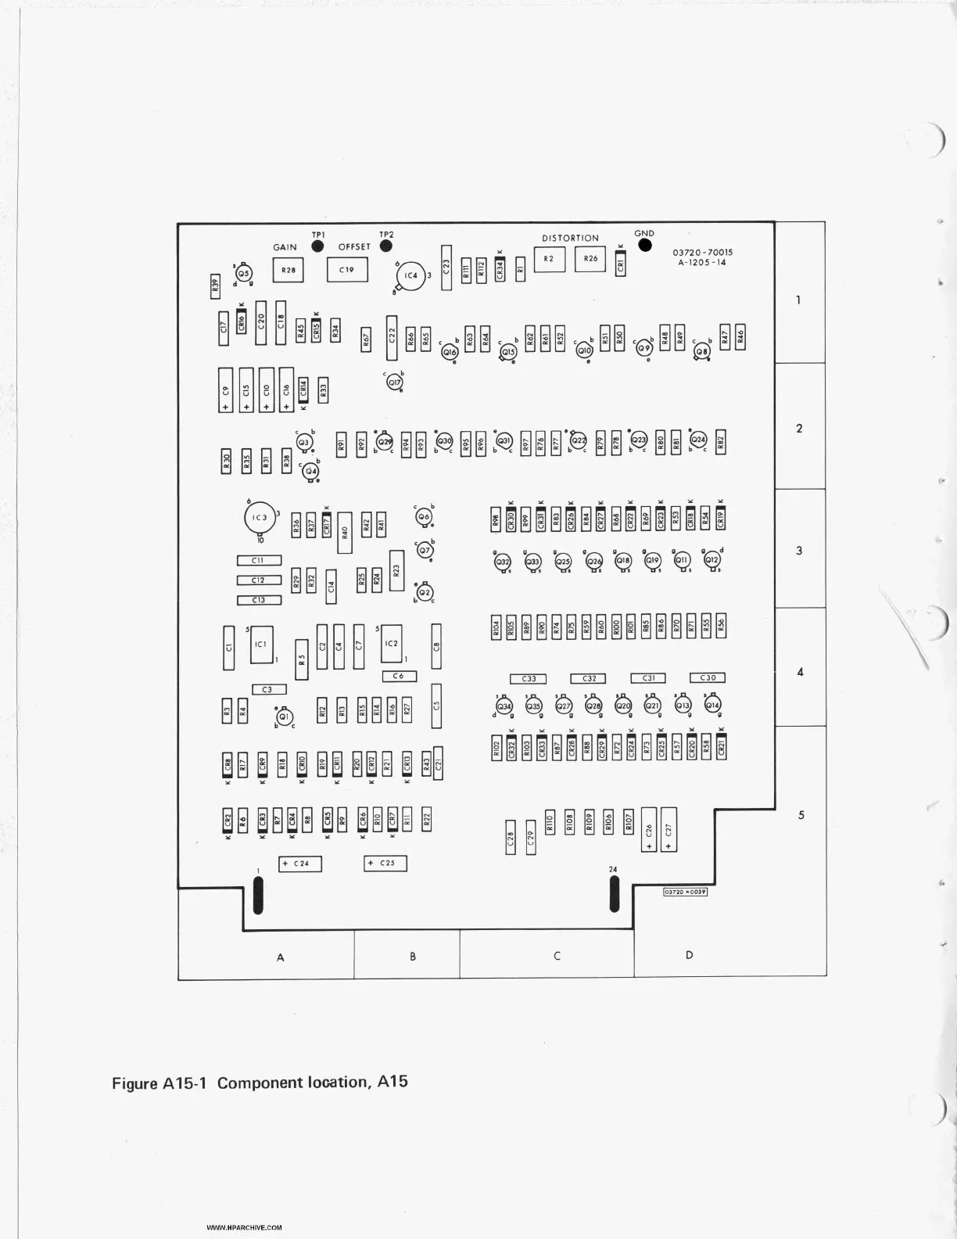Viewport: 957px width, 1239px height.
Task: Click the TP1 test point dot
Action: coord(317,246)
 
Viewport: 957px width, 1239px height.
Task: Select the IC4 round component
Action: coord(411,276)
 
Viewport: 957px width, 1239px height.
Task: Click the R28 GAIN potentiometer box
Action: coord(288,271)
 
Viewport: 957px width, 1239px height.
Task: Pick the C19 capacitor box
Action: coord(346,270)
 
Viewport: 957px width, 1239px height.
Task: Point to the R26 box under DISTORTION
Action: coord(590,259)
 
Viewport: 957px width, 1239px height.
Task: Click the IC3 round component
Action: coord(260,518)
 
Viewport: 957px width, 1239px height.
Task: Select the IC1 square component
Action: coord(261,645)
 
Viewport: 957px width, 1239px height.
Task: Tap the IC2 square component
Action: coord(392,644)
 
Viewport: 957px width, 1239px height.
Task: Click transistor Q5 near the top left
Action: coord(244,273)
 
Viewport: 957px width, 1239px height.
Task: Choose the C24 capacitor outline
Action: coord(300,864)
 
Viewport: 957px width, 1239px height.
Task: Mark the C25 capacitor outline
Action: coord(385,864)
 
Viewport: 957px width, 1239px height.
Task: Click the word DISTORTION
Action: coord(570,238)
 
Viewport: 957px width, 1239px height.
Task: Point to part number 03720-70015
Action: coord(702,253)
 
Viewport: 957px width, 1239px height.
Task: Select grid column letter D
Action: coord(689,955)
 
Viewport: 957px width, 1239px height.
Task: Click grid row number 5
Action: coord(801,815)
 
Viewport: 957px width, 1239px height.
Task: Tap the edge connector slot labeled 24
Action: coord(614,894)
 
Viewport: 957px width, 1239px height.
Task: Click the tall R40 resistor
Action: coord(345,533)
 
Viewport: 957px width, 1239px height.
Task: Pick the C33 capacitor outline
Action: coord(529,679)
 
